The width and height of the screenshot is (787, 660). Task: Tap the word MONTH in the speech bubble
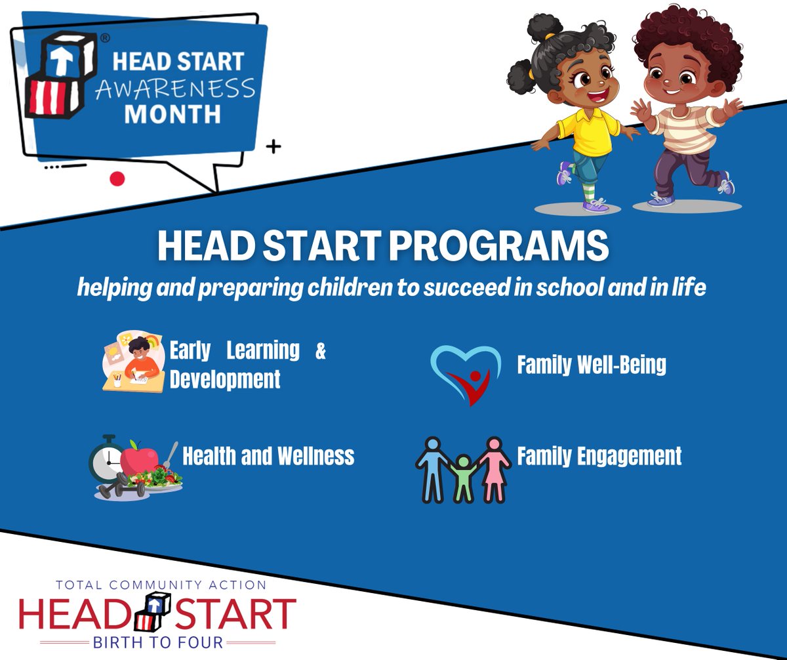point(172,114)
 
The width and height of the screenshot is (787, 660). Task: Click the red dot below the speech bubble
point(117,178)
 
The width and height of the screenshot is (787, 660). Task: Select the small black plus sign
point(273,147)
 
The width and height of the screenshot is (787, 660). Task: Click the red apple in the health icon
point(138,458)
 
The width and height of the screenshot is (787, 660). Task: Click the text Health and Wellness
point(268,455)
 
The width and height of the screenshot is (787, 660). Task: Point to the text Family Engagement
point(599,455)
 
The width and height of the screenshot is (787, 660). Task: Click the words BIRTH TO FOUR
point(158,641)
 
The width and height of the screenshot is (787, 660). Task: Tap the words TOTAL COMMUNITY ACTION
point(161,585)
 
